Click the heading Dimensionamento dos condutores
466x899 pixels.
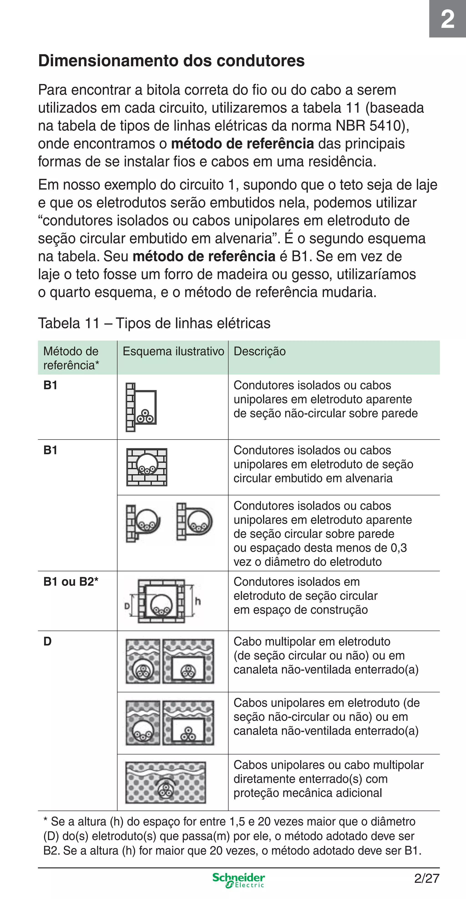171,61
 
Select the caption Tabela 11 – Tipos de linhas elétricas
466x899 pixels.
154,323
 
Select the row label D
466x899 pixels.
48,641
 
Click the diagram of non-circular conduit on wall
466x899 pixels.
141,407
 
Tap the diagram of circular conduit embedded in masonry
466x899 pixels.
147,467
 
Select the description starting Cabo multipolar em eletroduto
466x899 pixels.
325,655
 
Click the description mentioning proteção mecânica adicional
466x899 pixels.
328,779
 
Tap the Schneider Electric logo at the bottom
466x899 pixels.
239,880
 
